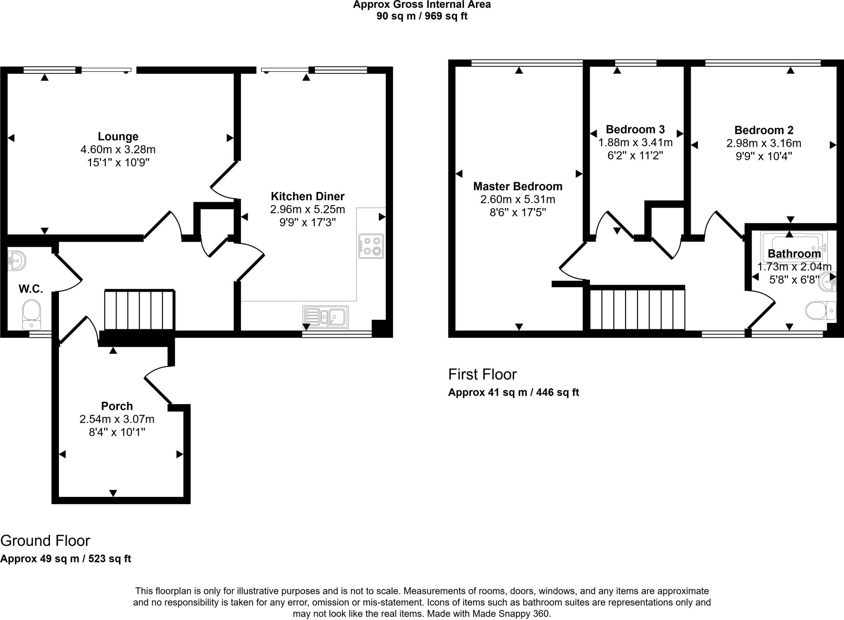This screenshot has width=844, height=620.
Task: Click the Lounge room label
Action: [x=118, y=136]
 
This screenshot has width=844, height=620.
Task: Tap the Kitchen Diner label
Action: [x=307, y=196]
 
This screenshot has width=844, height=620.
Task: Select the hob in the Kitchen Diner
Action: [x=371, y=246]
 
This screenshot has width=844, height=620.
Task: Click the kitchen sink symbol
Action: [x=326, y=316]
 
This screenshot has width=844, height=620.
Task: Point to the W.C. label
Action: [x=30, y=289]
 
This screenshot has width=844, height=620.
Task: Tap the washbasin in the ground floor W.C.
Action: [x=17, y=261]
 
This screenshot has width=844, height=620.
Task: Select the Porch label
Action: [x=117, y=406]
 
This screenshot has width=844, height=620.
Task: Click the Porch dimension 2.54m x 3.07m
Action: [x=117, y=419]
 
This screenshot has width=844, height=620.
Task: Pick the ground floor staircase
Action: [x=139, y=310]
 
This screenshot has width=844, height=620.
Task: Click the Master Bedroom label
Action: [x=518, y=187]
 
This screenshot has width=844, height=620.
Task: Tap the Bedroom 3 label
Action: [x=635, y=130]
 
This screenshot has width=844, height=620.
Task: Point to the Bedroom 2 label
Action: [x=764, y=130]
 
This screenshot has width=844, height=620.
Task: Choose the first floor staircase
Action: [x=637, y=309]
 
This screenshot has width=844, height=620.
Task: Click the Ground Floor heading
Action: [x=45, y=540]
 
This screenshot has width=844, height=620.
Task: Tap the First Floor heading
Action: [x=482, y=374]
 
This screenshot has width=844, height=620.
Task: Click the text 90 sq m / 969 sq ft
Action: [x=422, y=16]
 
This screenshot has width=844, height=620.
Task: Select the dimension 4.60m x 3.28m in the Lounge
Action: [x=118, y=150]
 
